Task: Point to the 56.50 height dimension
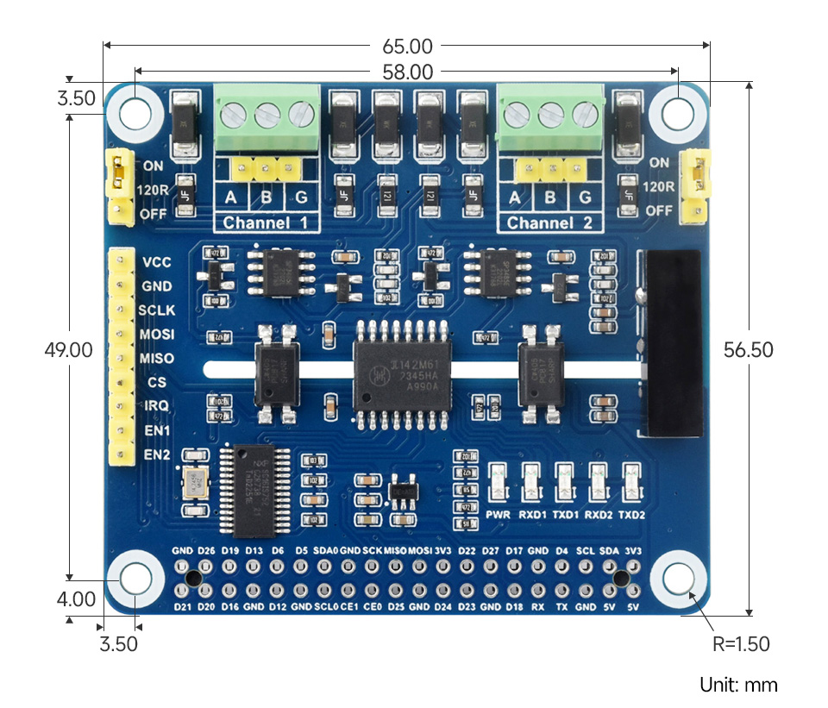(749, 349)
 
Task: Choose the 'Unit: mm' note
(738, 685)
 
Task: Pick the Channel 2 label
(549, 223)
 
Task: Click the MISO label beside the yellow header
(156, 358)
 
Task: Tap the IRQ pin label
(156, 405)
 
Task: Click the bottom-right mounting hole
(679, 580)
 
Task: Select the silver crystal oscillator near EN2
(195, 483)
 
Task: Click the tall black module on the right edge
(674, 343)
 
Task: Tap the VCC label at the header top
(156, 262)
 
